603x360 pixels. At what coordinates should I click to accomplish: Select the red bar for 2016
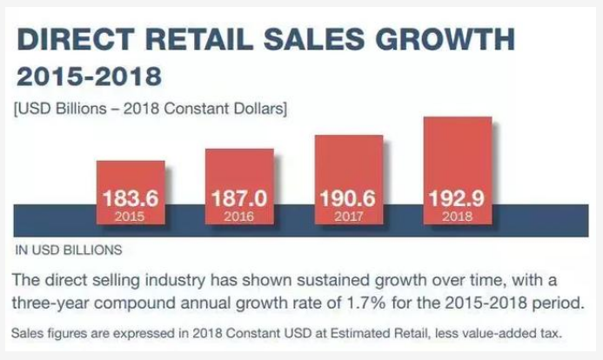pos(239,183)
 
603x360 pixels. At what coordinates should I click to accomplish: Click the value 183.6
pos(131,198)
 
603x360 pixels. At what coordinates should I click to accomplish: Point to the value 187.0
pos(239,198)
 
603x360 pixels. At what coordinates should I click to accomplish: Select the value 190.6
pos(348,198)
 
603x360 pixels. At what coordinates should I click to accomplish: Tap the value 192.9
pos(457,198)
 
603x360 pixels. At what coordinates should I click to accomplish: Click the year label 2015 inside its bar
pos(131,216)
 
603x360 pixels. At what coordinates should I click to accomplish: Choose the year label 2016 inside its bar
pos(239,216)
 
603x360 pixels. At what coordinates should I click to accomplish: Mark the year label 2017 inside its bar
pos(348,216)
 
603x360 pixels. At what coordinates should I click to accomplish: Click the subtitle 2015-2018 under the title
pos(90,77)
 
